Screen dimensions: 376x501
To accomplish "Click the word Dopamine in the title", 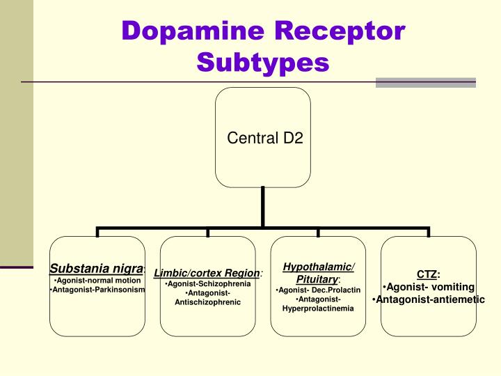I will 193,31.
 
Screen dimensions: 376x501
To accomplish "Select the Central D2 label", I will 265,138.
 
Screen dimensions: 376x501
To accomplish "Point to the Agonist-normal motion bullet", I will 97,280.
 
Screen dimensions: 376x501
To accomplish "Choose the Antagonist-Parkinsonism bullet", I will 97,289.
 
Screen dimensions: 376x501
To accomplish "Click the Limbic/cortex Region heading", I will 207,273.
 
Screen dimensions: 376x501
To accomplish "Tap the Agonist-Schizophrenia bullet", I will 207,284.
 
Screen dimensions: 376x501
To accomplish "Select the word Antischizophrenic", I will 207,303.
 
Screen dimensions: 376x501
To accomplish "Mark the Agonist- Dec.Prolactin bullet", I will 318,289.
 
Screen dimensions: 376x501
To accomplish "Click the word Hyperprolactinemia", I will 318,308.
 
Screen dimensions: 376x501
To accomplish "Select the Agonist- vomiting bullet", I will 428,287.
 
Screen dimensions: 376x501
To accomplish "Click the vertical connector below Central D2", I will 263,207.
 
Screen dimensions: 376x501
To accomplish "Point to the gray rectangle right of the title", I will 425,82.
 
